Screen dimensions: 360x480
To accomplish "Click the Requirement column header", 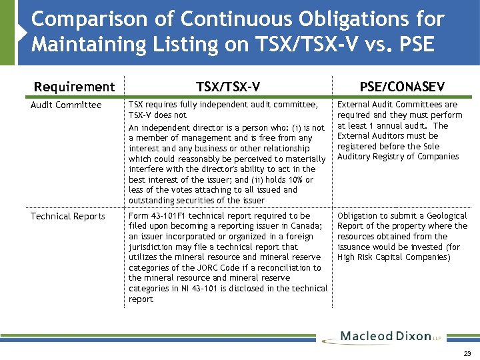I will click(74, 87).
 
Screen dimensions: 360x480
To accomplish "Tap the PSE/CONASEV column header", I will click(402, 87).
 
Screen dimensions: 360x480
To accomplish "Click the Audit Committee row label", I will click(66, 105).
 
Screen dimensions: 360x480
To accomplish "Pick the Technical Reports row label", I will click(68, 216).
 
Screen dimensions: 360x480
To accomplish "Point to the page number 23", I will click(467, 353).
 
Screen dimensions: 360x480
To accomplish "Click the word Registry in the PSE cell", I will click(384, 157).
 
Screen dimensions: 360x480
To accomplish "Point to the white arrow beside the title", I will click(22, 33).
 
